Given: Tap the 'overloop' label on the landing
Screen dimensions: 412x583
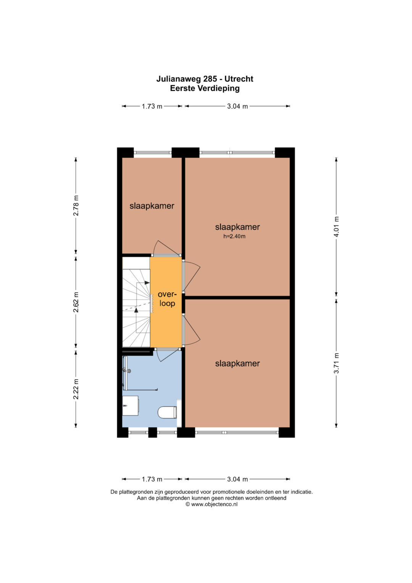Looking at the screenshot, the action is (167, 299).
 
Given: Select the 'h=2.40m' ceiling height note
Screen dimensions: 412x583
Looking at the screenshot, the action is (234, 236).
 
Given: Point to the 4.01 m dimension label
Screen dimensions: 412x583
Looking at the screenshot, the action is (336, 226).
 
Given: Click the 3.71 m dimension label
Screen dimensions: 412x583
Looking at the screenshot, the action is (336, 363).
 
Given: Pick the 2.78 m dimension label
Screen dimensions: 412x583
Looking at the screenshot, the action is (76, 205).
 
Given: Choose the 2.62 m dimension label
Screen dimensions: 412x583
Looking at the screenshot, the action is (76, 302).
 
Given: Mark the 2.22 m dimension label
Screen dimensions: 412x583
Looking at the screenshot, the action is (76, 389).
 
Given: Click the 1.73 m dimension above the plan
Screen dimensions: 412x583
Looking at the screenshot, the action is (152, 106).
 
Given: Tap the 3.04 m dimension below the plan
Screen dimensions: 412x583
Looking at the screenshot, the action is (237, 479).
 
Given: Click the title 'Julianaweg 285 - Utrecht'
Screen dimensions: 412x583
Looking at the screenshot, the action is (205, 79).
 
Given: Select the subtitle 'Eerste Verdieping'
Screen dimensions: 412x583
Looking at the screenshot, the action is (205, 88).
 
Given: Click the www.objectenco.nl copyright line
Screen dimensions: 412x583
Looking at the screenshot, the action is (211, 504).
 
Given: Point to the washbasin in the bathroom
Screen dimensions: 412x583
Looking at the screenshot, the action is (130, 406).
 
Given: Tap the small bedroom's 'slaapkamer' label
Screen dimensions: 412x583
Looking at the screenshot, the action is (152, 206).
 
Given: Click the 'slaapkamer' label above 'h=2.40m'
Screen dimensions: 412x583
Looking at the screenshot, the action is (237, 227).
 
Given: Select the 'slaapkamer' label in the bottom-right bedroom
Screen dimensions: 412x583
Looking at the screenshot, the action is (237, 363).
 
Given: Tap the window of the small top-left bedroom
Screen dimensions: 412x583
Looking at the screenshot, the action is (153, 153).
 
